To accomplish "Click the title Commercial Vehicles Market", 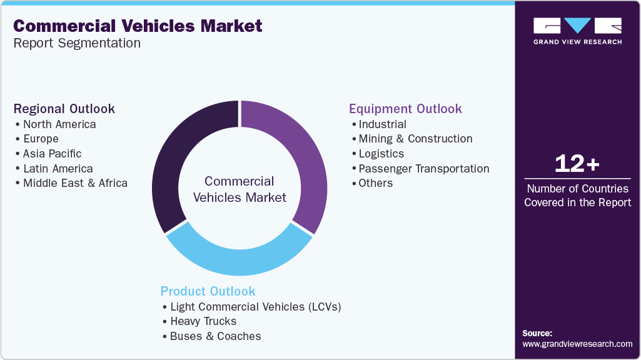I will click(x=138, y=26).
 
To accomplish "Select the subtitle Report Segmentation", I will click(x=77, y=43).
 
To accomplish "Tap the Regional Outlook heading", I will click(x=64, y=109).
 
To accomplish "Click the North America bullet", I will click(x=59, y=124).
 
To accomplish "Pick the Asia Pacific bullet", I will click(x=52, y=154).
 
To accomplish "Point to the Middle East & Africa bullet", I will click(x=75, y=183).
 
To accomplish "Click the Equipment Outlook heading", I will click(x=405, y=109).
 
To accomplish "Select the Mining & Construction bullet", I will click(x=415, y=139).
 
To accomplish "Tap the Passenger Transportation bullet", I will click(x=423, y=169).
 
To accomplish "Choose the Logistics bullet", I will click(x=381, y=154).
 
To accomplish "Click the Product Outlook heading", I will click(x=208, y=291).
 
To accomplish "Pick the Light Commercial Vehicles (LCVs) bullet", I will click(x=255, y=307).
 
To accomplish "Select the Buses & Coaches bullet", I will click(x=215, y=336).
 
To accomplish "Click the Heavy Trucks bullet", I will click(x=203, y=321).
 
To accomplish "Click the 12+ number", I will click(x=577, y=164).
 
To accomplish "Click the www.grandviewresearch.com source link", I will click(x=577, y=344).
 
